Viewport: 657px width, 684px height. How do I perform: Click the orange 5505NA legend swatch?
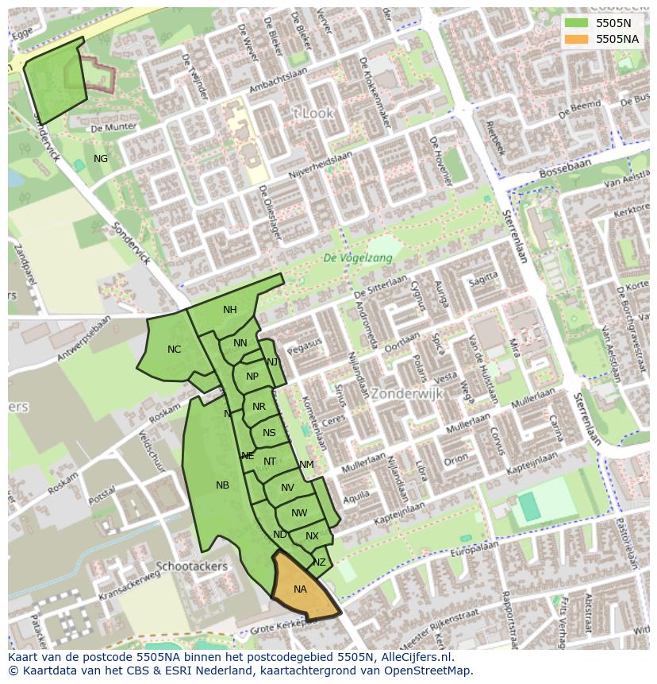(x=578, y=39)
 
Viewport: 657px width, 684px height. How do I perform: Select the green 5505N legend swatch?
(x=578, y=23)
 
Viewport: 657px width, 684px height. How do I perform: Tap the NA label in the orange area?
(x=300, y=589)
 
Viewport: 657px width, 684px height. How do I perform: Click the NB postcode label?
(x=222, y=485)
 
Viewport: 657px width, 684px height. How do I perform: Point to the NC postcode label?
(x=174, y=350)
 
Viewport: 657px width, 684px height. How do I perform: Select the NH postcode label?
(x=229, y=310)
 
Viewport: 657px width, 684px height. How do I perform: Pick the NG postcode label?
(x=101, y=159)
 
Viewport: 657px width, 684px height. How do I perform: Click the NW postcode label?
(x=298, y=513)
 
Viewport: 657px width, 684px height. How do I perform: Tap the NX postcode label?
(x=312, y=536)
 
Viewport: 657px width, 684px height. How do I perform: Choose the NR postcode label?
(x=259, y=407)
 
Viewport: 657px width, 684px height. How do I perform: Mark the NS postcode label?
(x=269, y=433)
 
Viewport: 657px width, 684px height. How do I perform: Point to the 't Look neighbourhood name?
(x=313, y=114)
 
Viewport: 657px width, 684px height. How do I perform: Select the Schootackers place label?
(x=192, y=566)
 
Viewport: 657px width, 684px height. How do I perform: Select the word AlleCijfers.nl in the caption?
(x=413, y=657)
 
